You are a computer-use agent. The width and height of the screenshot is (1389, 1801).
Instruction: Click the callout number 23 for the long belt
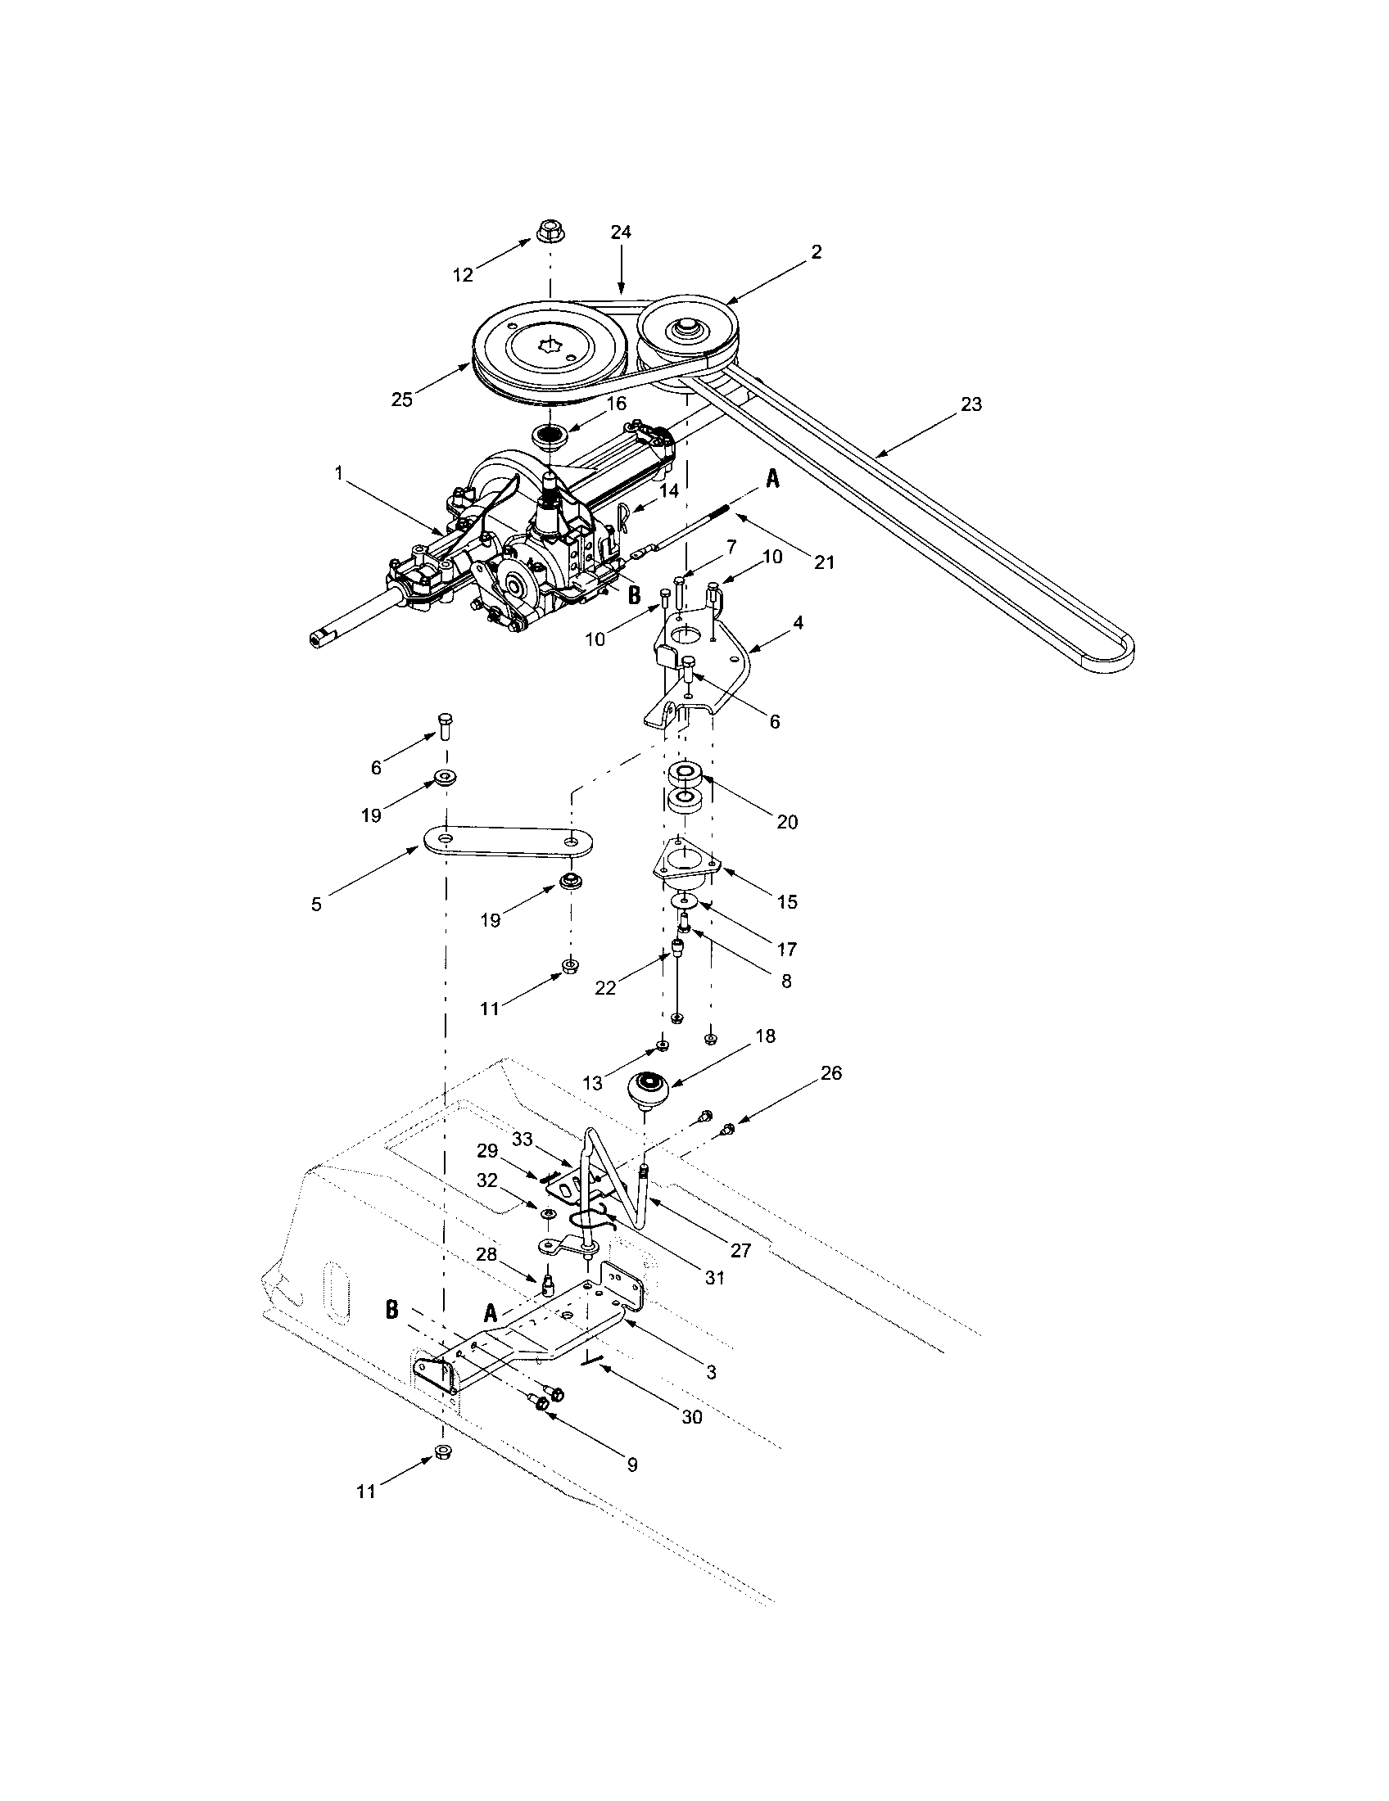coord(971,405)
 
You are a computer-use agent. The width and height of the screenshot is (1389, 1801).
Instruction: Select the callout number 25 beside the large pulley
coord(401,399)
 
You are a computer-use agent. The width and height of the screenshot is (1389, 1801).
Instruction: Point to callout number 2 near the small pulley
coord(816,252)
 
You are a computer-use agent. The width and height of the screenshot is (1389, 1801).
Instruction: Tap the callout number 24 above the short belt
coord(621,232)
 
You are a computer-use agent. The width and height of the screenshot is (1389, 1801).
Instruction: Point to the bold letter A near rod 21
coord(772,479)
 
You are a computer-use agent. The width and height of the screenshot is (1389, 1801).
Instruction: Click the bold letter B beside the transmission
coord(634,594)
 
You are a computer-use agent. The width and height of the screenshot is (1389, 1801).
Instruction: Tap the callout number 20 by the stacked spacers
coord(787,821)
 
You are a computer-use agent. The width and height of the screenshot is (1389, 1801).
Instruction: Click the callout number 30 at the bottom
coord(692,1417)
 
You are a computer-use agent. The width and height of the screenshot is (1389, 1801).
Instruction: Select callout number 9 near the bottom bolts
coord(631,1465)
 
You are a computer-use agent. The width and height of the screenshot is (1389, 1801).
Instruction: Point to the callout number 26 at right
coord(831,1074)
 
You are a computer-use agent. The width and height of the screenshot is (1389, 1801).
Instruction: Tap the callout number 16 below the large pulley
coord(616,404)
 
